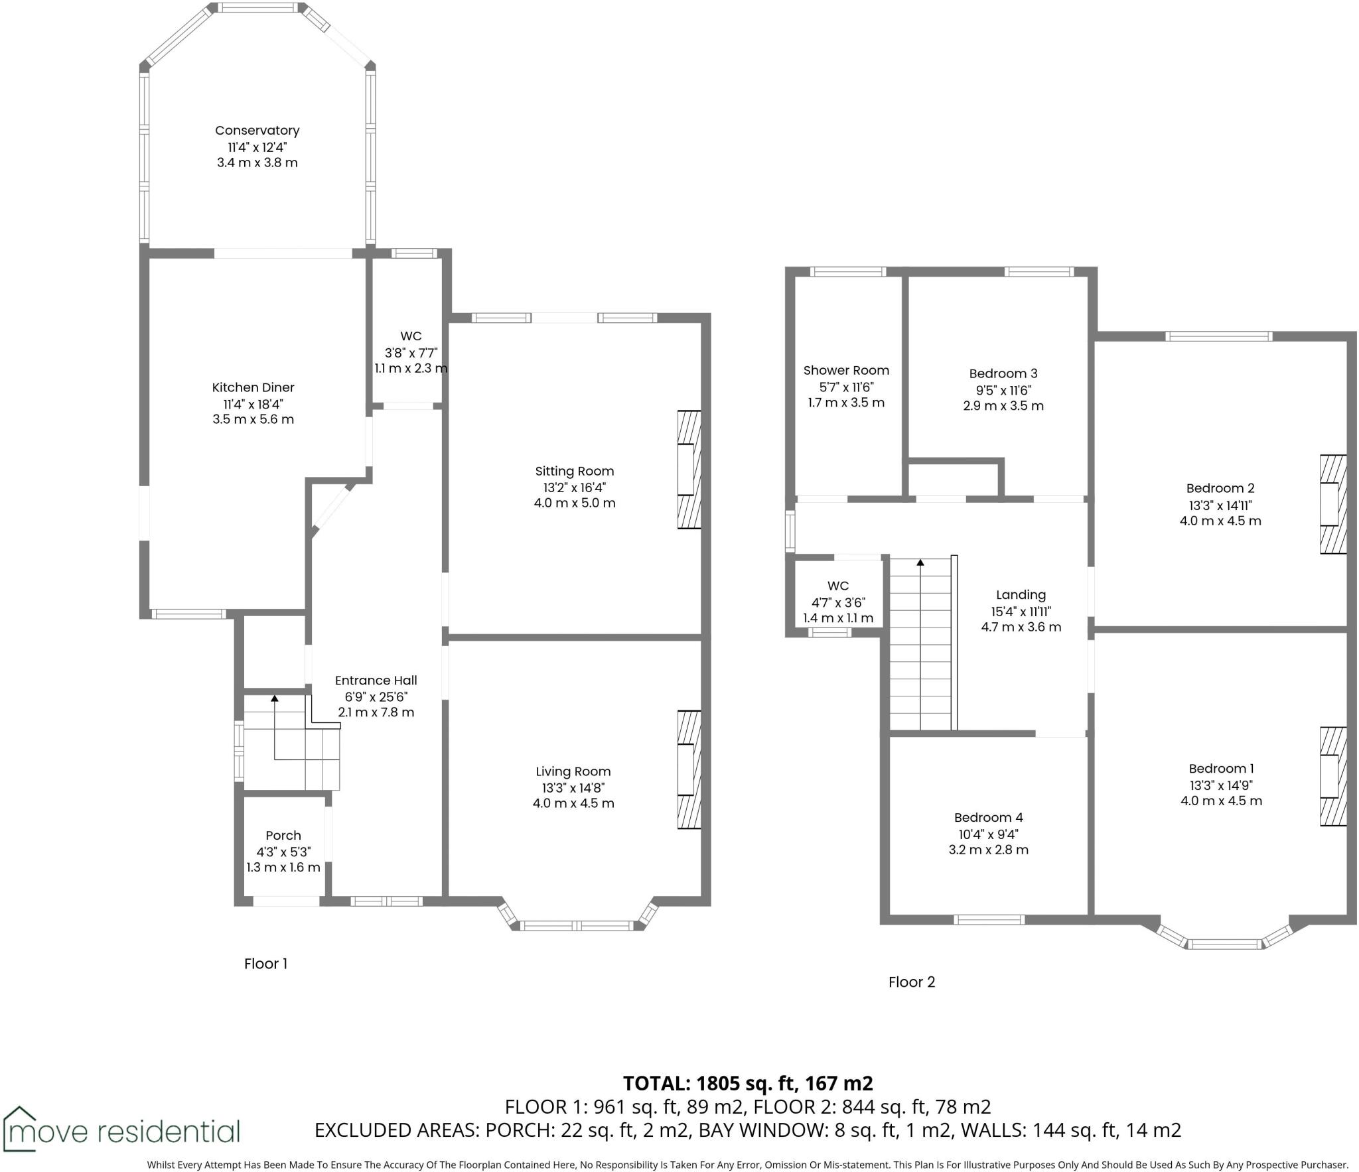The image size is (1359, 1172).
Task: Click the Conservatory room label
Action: pos(257,131)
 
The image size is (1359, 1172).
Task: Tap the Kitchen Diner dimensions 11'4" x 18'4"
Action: pos(253,404)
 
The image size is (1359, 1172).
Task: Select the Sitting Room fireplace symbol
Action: pos(689,470)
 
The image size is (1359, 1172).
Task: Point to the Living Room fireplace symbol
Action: pos(689,769)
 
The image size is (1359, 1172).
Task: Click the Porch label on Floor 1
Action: pos(283,836)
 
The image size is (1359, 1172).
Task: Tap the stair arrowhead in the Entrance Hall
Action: pos(274,698)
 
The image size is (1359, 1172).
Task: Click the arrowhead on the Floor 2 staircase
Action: pos(920,562)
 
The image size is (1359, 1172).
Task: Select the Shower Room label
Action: pos(846,371)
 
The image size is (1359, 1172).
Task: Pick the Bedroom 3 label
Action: pos(1003,373)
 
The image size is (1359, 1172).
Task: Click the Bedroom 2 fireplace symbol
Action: pos(1332,504)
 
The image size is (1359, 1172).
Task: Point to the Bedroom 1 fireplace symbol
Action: pos(1332,777)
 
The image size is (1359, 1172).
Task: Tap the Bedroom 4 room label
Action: pos(988,818)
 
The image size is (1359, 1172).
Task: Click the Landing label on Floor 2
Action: pos(1021,595)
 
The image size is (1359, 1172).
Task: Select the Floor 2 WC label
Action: pos(838,586)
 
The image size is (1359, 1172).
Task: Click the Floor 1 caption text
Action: pos(265,964)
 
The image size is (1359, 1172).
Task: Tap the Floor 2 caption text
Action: pos(911,982)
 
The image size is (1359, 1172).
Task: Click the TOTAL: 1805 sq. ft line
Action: pos(748,1084)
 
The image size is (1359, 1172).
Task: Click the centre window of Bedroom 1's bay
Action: pos(1224,944)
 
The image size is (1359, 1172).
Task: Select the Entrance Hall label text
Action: pos(376,681)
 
